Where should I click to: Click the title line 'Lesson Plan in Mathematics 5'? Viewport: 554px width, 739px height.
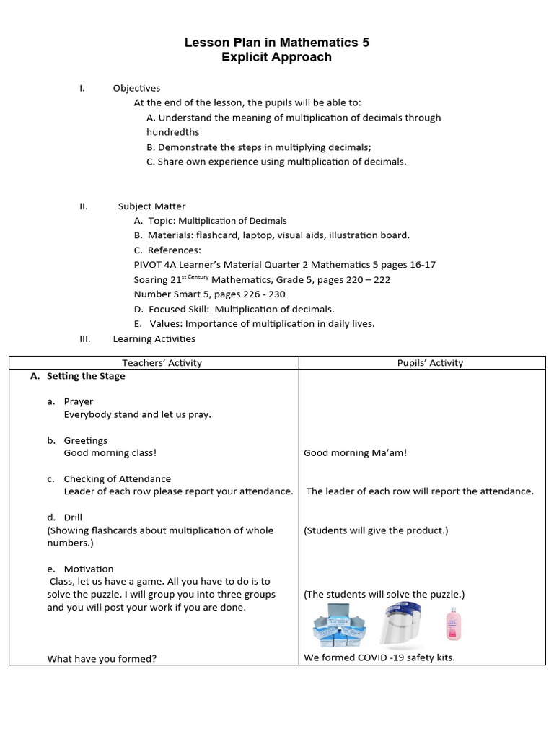(x=277, y=43)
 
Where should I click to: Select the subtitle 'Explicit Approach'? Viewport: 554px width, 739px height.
(x=277, y=57)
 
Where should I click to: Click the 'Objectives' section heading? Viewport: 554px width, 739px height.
(x=136, y=88)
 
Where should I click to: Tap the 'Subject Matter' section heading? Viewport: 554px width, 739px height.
(x=151, y=206)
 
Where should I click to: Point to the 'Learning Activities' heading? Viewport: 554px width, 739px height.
(x=154, y=338)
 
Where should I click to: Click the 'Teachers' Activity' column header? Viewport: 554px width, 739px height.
(x=162, y=363)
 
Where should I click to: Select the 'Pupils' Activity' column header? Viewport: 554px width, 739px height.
(x=430, y=363)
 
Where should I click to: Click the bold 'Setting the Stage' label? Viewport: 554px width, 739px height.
(x=86, y=376)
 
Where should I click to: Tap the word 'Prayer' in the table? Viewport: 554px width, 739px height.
(x=78, y=401)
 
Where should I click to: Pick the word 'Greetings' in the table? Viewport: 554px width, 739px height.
(x=85, y=440)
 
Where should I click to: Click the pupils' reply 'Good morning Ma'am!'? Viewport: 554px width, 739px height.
(x=355, y=453)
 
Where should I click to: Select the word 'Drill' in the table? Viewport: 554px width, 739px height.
(x=73, y=517)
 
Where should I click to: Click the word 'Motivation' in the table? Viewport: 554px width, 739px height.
(x=89, y=569)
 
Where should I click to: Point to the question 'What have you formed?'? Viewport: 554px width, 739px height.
(x=102, y=658)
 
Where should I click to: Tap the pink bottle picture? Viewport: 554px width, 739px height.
(x=453, y=624)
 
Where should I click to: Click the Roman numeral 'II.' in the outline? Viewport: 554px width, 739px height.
(x=84, y=206)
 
